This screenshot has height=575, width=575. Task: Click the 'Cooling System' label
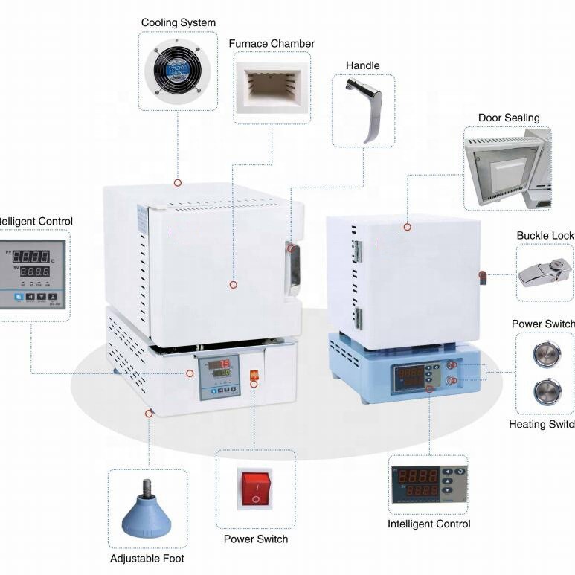tap(179, 23)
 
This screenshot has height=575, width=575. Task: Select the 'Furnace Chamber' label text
tap(272, 44)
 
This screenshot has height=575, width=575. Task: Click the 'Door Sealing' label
tap(510, 118)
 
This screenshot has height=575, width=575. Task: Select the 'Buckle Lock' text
tap(545, 236)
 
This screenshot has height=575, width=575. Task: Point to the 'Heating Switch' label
tap(542, 424)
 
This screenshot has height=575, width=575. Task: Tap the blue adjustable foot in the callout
tap(147, 510)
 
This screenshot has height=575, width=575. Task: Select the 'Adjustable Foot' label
tap(147, 558)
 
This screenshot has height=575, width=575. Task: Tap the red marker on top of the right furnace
tap(407, 226)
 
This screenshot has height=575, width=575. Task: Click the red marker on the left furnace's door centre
tap(233, 284)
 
